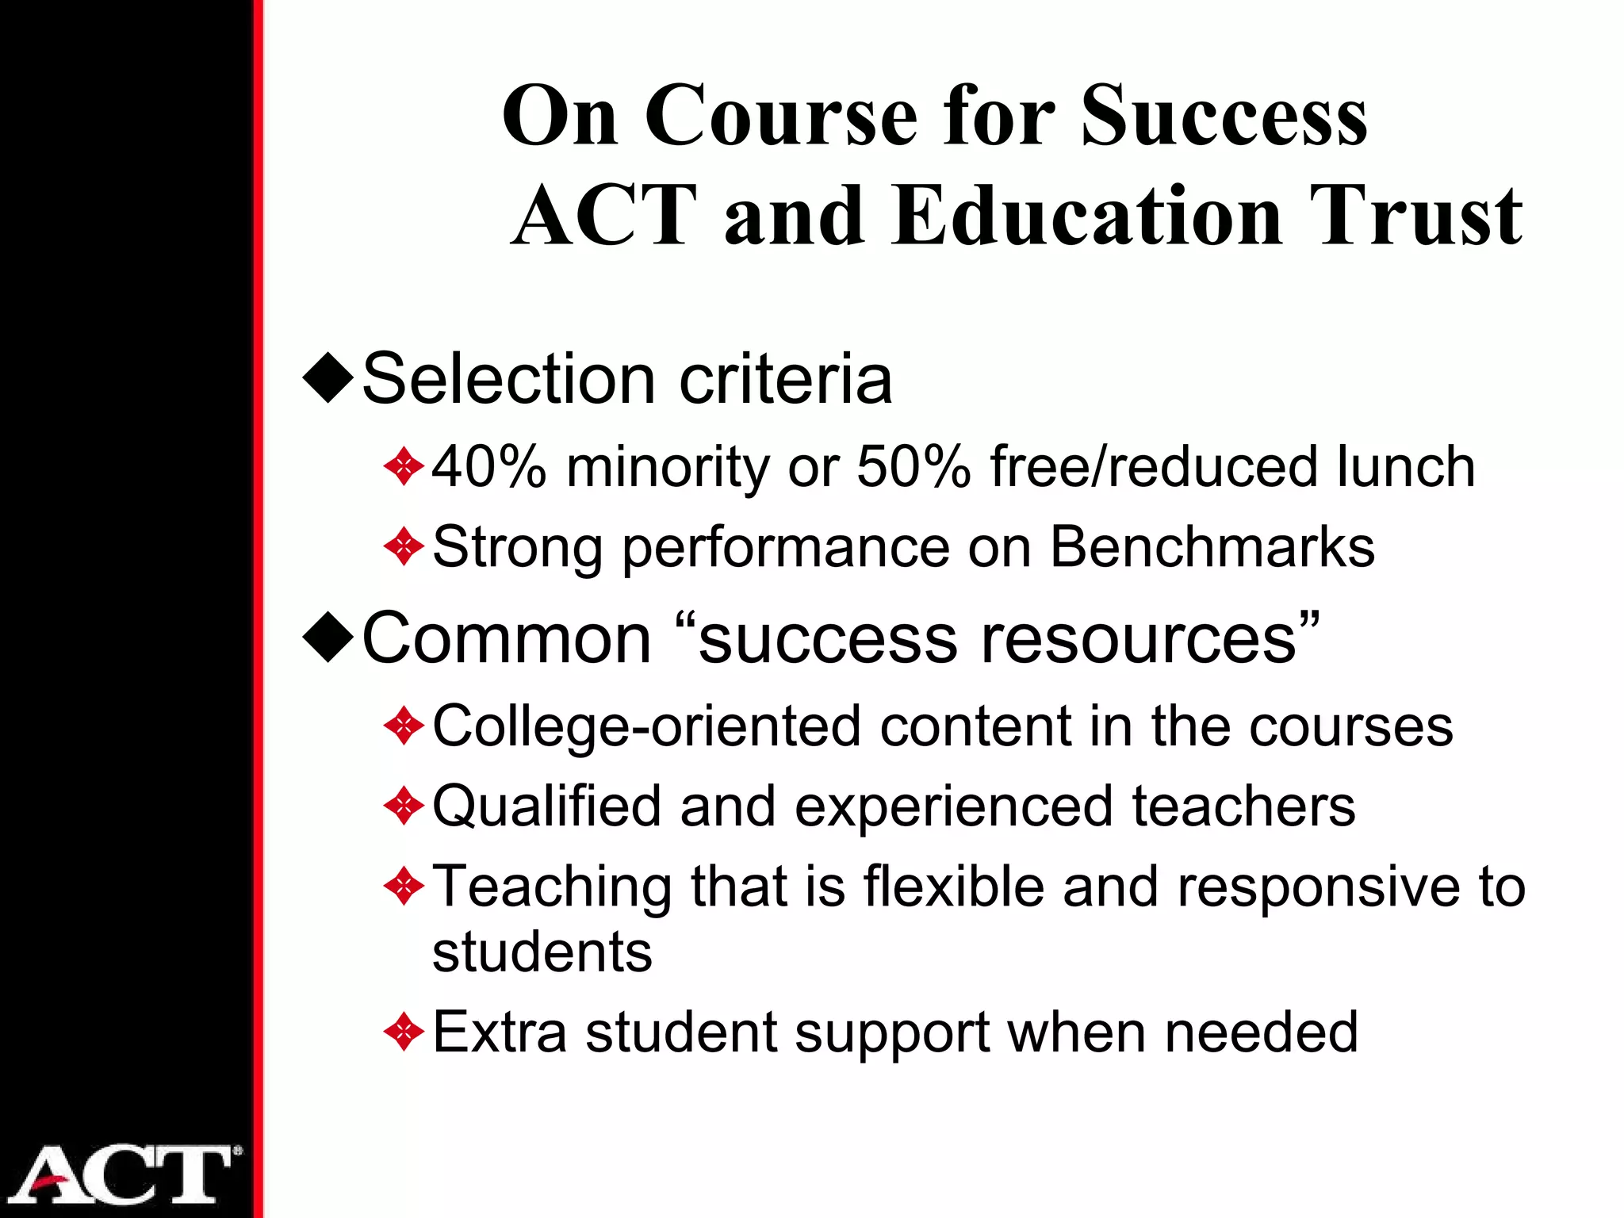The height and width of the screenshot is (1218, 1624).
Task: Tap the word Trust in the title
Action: click(1415, 216)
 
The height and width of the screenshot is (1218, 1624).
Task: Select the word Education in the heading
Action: click(1086, 216)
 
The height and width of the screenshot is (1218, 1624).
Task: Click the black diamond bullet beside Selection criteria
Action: click(328, 379)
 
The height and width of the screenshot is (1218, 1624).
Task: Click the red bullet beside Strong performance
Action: click(404, 547)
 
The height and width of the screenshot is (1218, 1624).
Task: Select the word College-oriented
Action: click(646, 726)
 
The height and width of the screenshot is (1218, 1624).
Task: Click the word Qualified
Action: click(546, 806)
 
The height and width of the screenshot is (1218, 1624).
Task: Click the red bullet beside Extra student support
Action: click(404, 1032)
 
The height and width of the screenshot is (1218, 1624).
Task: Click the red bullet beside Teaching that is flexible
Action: click(404, 887)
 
